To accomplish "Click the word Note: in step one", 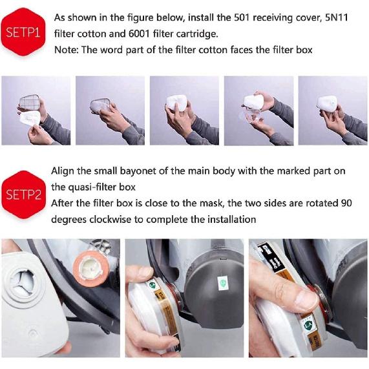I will point(66,50).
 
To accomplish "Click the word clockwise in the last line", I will point(121,219).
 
